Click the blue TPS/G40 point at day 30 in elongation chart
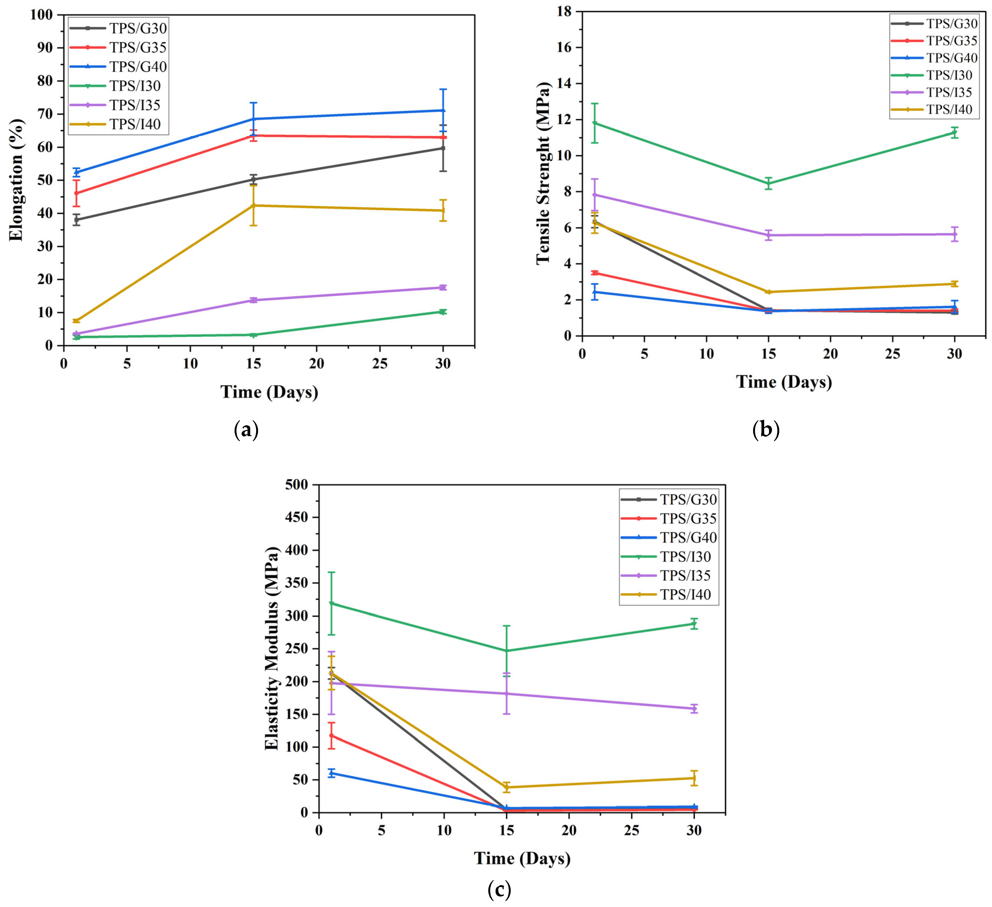(443, 110)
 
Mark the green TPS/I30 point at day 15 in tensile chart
(768, 184)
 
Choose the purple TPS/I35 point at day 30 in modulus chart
(694, 709)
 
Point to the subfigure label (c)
(499, 889)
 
